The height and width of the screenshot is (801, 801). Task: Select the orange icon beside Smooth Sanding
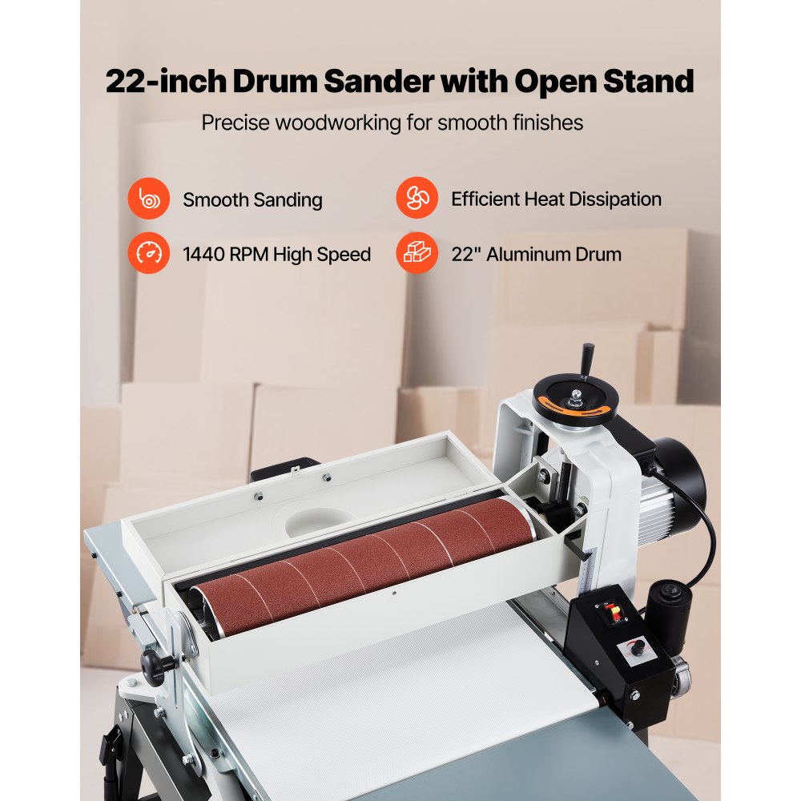pos(149,199)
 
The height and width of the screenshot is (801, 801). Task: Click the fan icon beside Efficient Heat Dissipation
pos(417,199)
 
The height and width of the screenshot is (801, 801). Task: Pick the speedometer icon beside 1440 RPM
pos(149,255)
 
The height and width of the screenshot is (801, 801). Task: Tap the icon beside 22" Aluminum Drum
pos(417,255)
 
